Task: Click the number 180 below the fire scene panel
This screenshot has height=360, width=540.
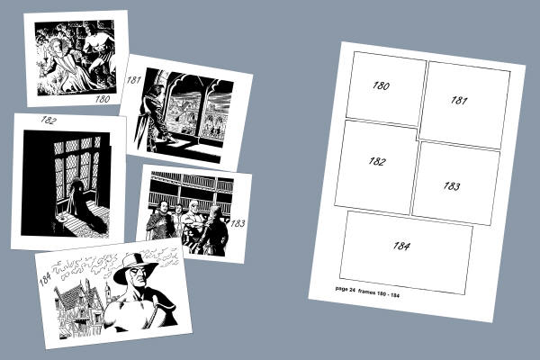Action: click(103, 99)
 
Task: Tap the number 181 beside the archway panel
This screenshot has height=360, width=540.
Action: click(133, 80)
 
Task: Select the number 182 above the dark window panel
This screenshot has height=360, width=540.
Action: click(49, 120)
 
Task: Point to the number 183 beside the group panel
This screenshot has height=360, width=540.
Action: click(238, 223)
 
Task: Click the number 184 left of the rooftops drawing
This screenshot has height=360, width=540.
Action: click(45, 279)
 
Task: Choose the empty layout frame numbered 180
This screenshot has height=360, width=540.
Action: click(386, 89)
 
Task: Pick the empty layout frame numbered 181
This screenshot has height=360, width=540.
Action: click(464, 105)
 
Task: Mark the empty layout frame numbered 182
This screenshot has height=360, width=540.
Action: click(376, 167)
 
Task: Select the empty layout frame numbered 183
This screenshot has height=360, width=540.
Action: click(456, 184)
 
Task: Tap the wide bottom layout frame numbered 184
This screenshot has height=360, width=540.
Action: click(407, 253)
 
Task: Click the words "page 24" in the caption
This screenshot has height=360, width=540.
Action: click(345, 290)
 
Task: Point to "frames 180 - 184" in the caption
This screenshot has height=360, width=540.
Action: click(379, 292)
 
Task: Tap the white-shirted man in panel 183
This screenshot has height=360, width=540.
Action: click(191, 220)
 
